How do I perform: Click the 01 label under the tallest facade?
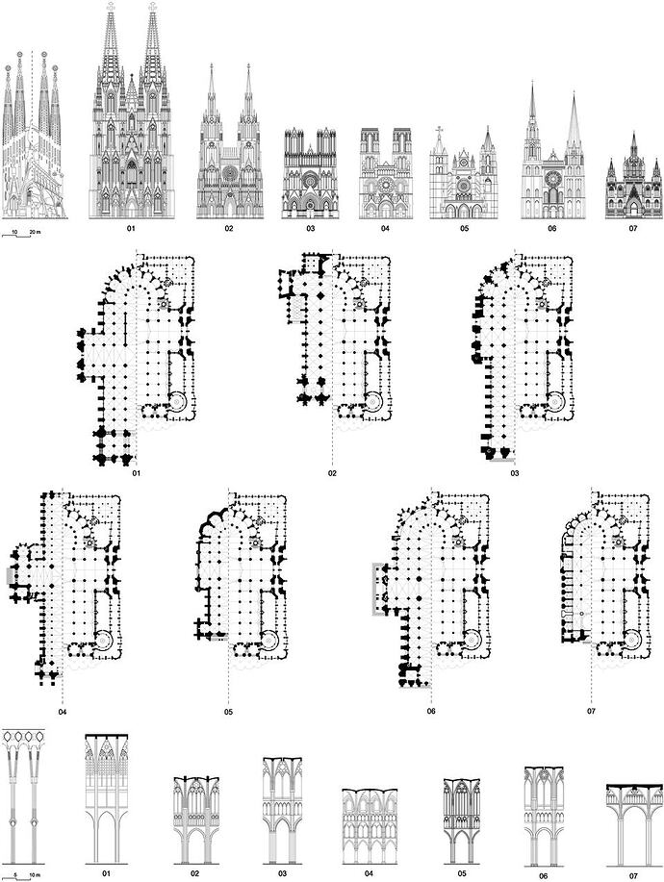pyautogui.click(x=131, y=229)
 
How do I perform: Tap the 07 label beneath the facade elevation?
pyautogui.click(x=633, y=229)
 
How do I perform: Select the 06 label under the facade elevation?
pyautogui.click(x=552, y=229)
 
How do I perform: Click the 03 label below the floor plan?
pyautogui.click(x=515, y=473)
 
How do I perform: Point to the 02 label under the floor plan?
pyautogui.click(x=333, y=473)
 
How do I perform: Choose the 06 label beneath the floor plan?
pyautogui.click(x=431, y=711)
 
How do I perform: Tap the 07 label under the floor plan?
pyautogui.click(x=592, y=711)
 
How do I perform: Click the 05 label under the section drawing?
pyautogui.click(x=462, y=873)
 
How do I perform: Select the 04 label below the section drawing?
pyautogui.click(x=370, y=873)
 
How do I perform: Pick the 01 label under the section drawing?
pyautogui.click(x=106, y=873)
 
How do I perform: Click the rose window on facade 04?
pyautogui.click(x=386, y=184)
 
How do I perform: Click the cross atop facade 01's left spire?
pyautogui.click(x=111, y=7)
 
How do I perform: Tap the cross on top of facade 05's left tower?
pyautogui.click(x=440, y=131)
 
